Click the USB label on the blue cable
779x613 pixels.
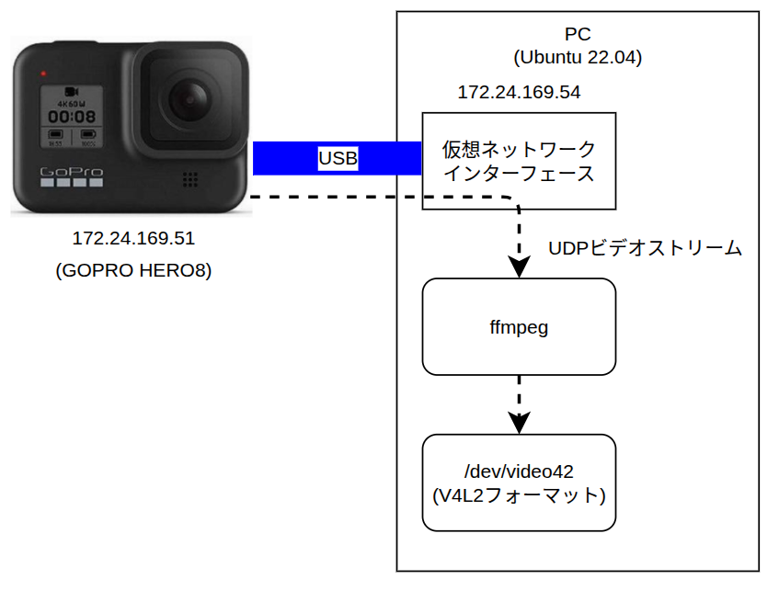coord(338,158)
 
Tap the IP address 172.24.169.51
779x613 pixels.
coord(133,238)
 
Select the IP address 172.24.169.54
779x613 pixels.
coord(519,92)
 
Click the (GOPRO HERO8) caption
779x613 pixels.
coord(133,270)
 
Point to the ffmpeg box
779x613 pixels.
coord(519,326)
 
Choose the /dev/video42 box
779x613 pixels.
coord(519,482)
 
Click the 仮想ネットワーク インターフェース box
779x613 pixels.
coord(519,162)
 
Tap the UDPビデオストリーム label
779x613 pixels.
coord(645,248)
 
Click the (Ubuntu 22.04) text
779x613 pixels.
coord(578,57)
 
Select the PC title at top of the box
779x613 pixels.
coord(578,34)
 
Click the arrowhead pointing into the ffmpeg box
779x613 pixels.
coord(519,267)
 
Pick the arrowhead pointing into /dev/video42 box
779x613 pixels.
coord(519,423)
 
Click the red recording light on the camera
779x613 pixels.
coord(43,74)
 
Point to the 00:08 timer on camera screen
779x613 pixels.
coord(72,117)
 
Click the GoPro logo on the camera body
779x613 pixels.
coord(72,172)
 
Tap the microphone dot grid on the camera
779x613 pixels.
coord(190,179)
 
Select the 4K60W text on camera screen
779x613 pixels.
coord(72,104)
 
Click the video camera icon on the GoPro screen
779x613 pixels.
coord(72,92)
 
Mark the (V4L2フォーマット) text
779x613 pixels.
coord(519,496)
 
